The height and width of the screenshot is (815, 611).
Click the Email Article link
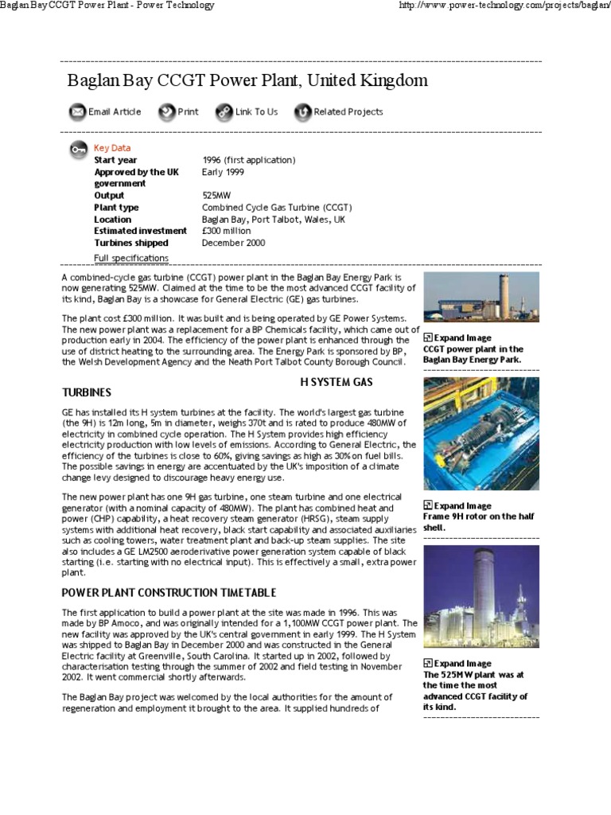pyautogui.click(x=115, y=112)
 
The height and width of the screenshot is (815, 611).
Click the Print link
pyautogui.click(x=188, y=112)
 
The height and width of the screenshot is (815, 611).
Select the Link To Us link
pyautogui.click(x=256, y=112)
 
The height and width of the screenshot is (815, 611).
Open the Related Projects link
pyautogui.click(x=348, y=112)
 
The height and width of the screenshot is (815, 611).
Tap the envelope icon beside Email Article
pyautogui.click(x=77, y=112)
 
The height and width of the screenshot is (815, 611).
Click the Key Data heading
pyautogui.click(x=112, y=148)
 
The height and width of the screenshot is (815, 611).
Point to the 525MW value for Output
pyautogui.click(x=217, y=195)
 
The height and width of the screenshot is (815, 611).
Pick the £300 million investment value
pyautogui.click(x=227, y=231)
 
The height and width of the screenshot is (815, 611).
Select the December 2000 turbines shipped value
pyautogui.click(x=234, y=243)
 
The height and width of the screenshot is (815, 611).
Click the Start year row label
pyautogui.click(x=115, y=160)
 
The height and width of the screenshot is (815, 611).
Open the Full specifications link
pyautogui.click(x=131, y=258)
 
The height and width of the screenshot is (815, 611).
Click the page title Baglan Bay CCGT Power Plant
pyautogui.click(x=247, y=81)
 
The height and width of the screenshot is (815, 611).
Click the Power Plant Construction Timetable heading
pyautogui.click(x=169, y=593)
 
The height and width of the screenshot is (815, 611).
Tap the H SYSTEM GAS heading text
pyautogui.click(x=336, y=382)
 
